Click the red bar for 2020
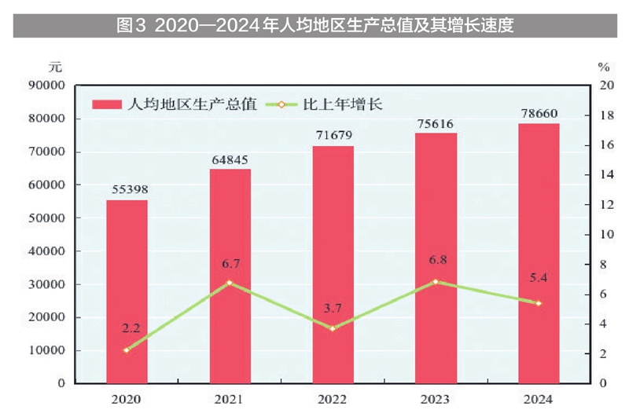pyautogui.click(x=127, y=291)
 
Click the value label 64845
pyautogui.click(x=230, y=160)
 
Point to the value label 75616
pyautogui.click(x=436, y=123)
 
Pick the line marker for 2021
pyautogui.click(x=230, y=282)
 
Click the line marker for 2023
pyautogui.click(x=436, y=281)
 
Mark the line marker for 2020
pyautogui.click(x=127, y=350)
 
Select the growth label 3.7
pyautogui.click(x=333, y=307)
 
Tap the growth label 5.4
pyautogui.click(x=539, y=276)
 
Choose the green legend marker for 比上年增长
pyautogui.click(x=281, y=104)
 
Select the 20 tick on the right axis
pyautogui.click(x=603, y=86)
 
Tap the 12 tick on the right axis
pyautogui.click(x=603, y=205)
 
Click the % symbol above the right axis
pyautogui.click(x=603, y=67)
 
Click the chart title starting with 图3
pyautogui.click(x=314, y=26)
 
